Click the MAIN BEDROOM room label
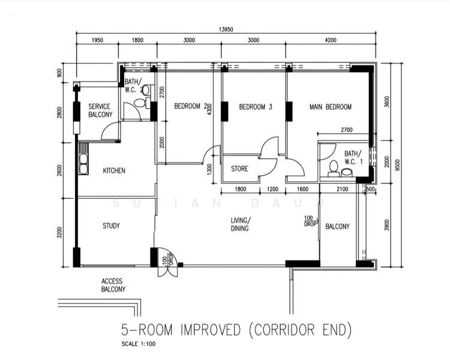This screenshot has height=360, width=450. [x=330, y=107]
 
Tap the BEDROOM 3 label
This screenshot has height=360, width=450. [x=256, y=107]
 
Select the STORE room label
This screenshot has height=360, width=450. [x=239, y=169]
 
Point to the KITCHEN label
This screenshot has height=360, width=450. [x=114, y=171]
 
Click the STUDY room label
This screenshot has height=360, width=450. [x=111, y=226]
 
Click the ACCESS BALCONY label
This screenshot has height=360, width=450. [x=113, y=285]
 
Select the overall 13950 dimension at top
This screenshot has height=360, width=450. [x=226, y=29]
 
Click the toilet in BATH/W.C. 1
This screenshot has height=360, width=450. [x=333, y=166]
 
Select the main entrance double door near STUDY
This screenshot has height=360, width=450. [x=167, y=264]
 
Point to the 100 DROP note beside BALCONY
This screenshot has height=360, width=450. [x=309, y=221]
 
